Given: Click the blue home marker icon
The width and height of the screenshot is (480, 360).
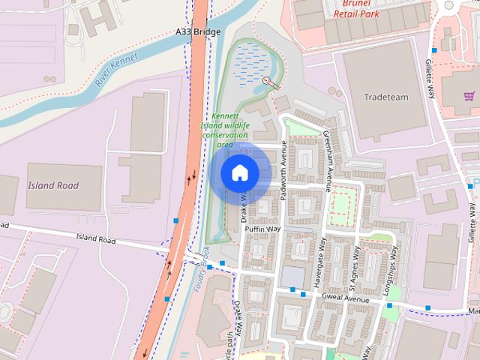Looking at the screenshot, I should tap(239, 172).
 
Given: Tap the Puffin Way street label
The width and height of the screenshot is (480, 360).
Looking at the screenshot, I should tap(262, 229).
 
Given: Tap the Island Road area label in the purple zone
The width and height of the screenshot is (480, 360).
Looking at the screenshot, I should tap(53, 185).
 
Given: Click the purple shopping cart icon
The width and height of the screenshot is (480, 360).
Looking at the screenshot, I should tap(469, 96).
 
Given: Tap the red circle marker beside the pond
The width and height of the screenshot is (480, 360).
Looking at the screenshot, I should tap(266, 81).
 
